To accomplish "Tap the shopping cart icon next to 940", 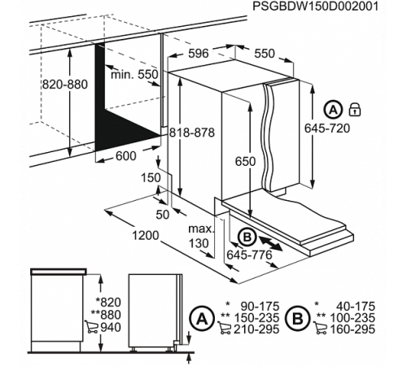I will click(x=90, y=329).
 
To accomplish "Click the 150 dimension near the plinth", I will click(x=150, y=177).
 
